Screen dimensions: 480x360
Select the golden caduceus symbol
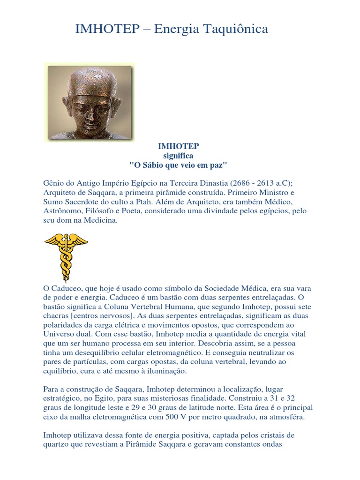pos(66,256)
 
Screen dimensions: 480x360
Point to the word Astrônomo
pos(60,211)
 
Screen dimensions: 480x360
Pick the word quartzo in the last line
pos(56,444)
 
